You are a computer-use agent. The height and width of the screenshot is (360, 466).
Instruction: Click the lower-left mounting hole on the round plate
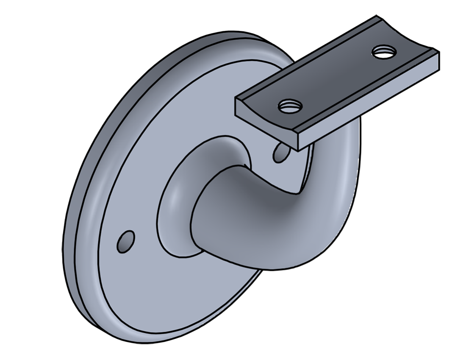click(x=126, y=241)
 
